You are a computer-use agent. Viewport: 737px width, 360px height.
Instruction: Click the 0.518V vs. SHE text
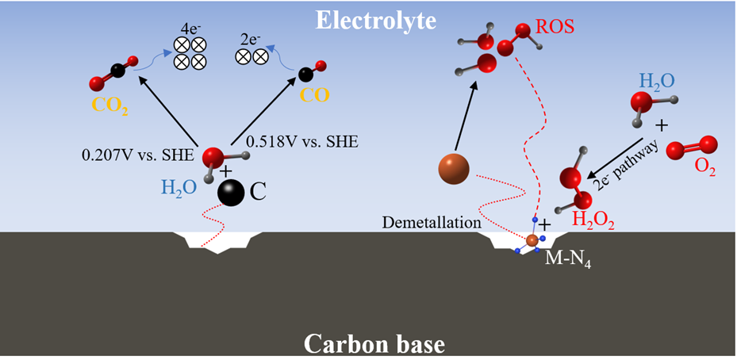pyautogui.click(x=302, y=141)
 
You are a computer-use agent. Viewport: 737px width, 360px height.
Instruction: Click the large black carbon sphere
pyautogui.click(x=232, y=193)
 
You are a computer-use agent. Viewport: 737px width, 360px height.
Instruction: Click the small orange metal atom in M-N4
pyautogui.click(x=532, y=239)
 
